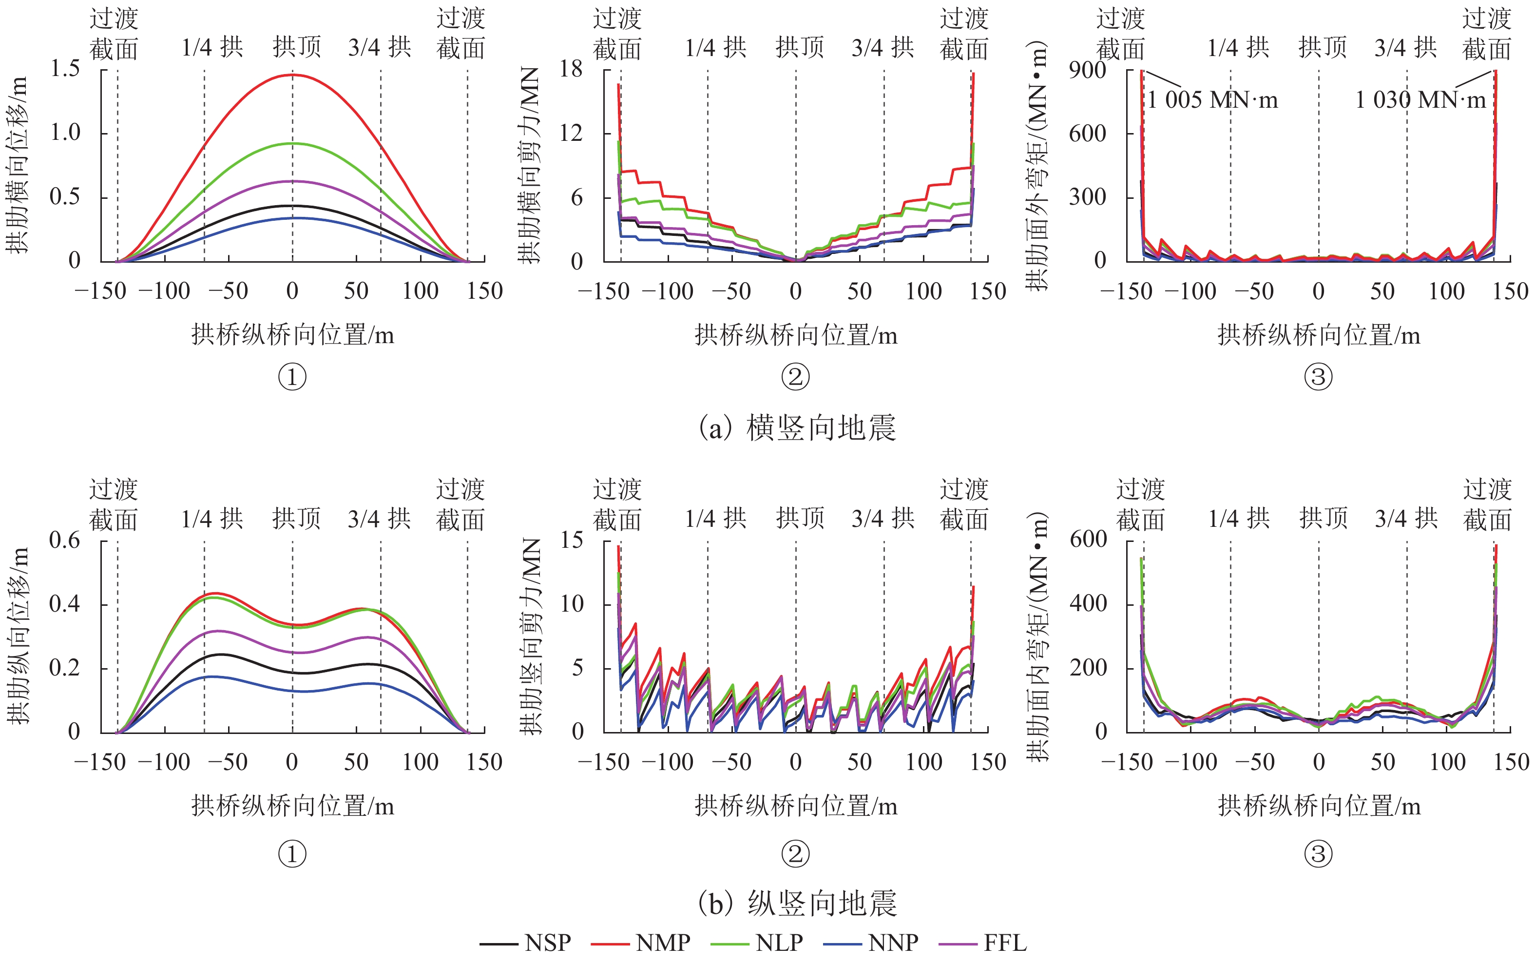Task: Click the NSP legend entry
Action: coord(548,943)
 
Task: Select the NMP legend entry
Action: coord(663,943)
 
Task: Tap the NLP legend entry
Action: coord(779,943)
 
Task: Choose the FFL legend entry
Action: coord(1005,943)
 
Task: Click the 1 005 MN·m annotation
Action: coord(1212,100)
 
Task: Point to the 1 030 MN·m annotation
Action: coord(1420,100)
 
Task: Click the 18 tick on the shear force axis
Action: coord(571,69)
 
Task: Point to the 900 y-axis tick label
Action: coord(1088,69)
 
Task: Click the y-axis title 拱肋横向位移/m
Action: coord(18,165)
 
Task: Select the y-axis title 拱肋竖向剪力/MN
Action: coord(530,636)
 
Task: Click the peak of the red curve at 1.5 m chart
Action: coord(292,75)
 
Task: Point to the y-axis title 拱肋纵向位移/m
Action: coord(18,636)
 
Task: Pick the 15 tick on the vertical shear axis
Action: coord(572,540)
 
